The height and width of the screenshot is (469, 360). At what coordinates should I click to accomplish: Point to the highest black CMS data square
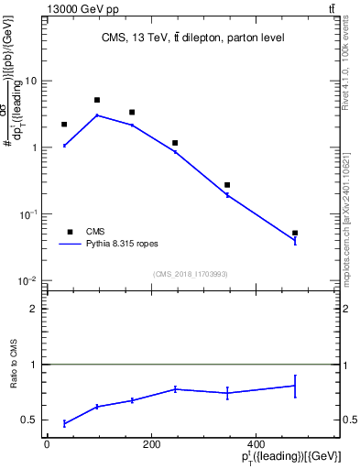(97, 100)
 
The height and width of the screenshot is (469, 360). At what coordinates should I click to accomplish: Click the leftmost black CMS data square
(64, 125)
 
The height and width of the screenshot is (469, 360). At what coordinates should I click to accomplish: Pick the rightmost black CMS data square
(295, 234)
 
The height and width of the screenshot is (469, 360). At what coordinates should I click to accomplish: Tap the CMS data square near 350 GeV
(227, 185)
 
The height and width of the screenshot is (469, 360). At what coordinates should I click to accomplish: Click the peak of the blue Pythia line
(97, 115)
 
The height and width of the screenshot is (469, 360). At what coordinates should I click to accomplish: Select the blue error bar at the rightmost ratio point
(295, 386)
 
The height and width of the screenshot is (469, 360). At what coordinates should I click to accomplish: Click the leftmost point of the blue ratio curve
(64, 423)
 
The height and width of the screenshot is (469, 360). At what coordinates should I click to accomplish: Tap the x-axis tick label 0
(47, 444)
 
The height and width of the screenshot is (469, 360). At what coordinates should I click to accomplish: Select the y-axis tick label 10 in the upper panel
(31, 81)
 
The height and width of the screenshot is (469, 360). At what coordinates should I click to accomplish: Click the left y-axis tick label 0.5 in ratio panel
(30, 420)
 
